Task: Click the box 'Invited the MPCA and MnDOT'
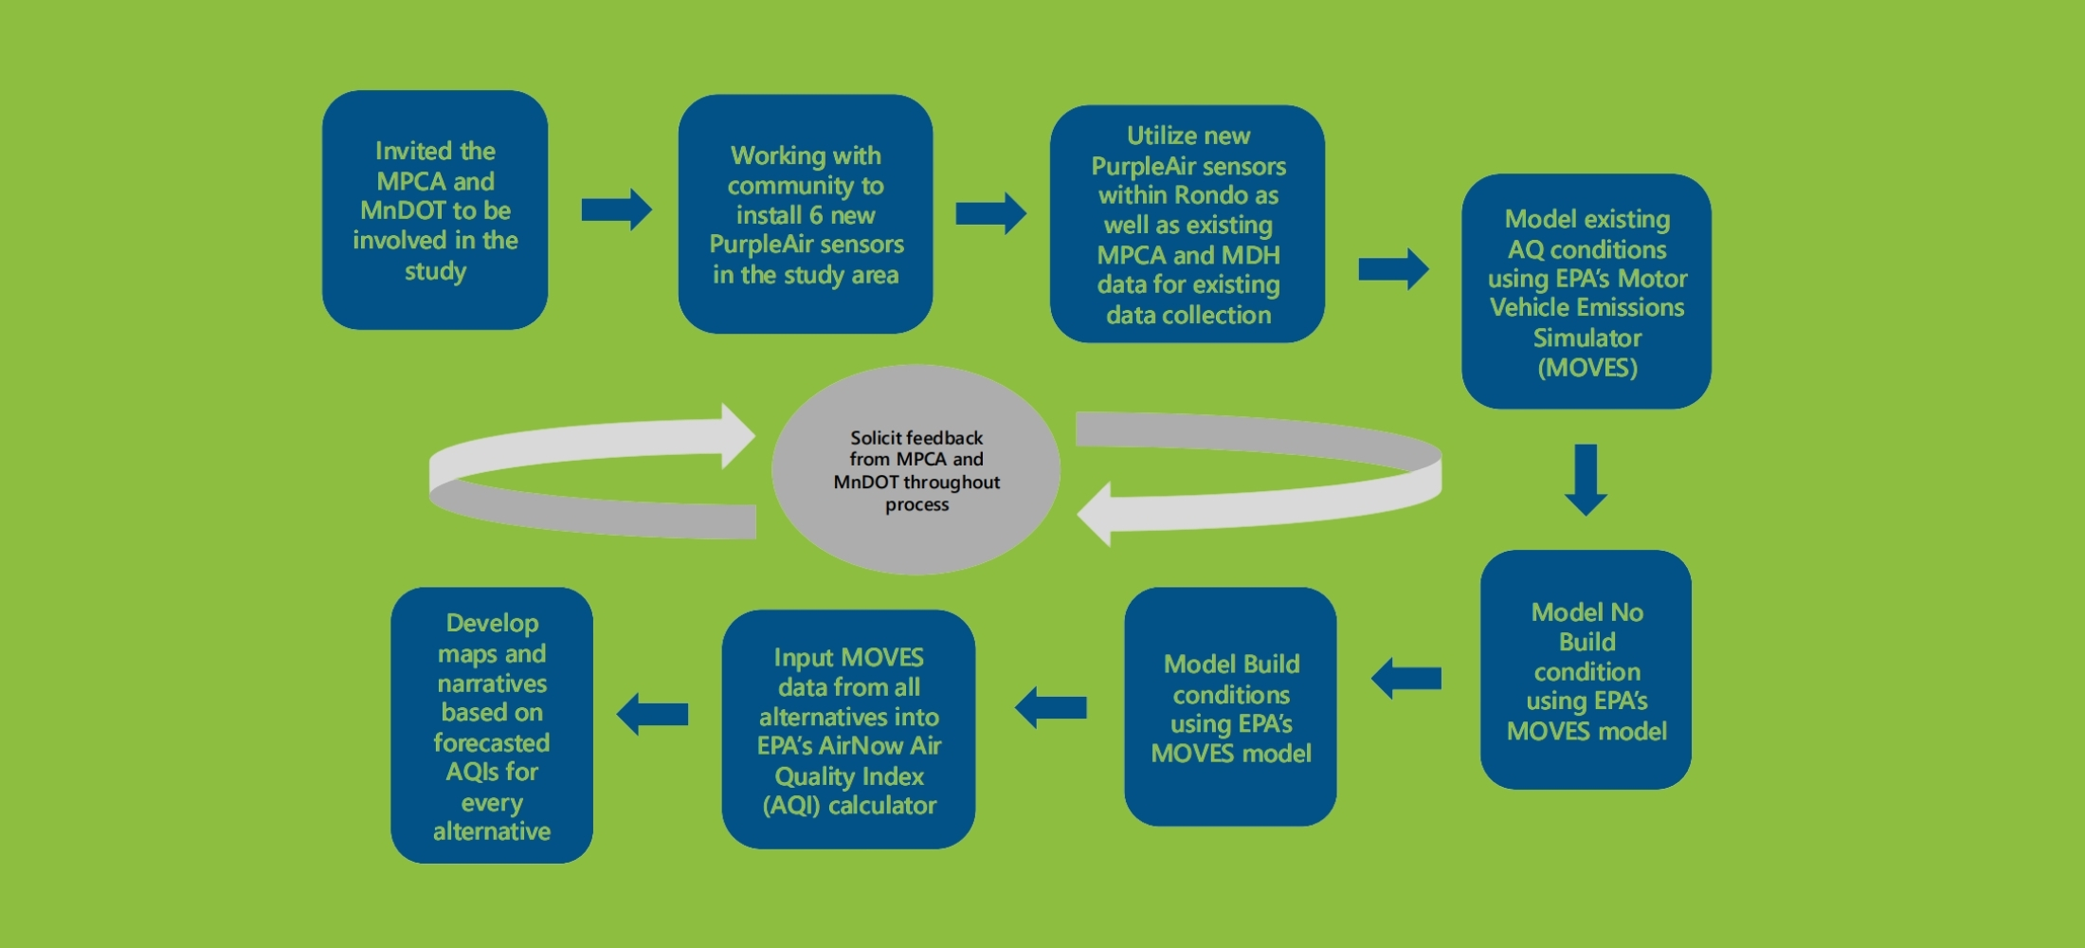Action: pos(435,210)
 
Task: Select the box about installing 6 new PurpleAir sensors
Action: pos(806,213)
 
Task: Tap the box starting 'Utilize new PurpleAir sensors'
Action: pos(1188,224)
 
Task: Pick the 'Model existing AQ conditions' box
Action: pos(1586,291)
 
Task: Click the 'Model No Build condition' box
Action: pos(1586,669)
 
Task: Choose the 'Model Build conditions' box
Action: pos(1230,706)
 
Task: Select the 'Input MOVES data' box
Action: pos(848,729)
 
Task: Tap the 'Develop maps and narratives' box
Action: pos(492,725)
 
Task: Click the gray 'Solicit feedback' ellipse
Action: pos(916,469)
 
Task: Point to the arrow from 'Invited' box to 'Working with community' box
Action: pos(617,210)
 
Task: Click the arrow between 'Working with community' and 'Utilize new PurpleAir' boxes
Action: pos(991,213)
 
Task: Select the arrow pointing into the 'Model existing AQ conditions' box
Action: pos(1394,269)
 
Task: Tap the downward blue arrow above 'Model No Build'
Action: pos(1586,480)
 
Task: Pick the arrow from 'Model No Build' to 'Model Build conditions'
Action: pos(1406,679)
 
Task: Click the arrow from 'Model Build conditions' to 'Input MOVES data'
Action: pos(1050,707)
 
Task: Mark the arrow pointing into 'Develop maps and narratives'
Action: pos(652,714)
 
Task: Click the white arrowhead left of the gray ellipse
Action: pos(738,436)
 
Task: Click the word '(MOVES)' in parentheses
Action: pos(1587,368)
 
